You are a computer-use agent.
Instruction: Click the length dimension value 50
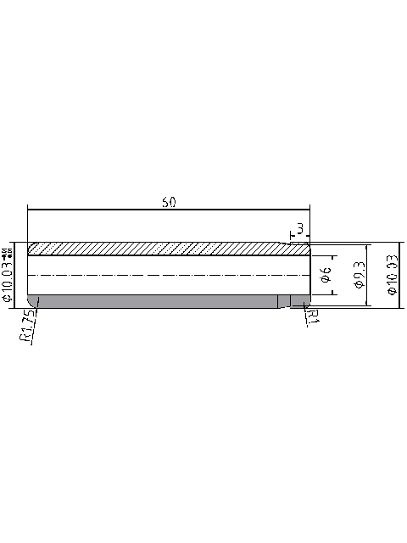tap(169, 202)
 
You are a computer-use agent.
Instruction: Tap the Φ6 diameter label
tap(324, 276)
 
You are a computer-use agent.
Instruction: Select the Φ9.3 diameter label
tap(359, 276)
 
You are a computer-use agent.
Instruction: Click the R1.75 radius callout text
tap(26, 326)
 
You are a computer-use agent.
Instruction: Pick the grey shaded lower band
tap(153, 301)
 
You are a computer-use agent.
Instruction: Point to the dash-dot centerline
tap(170, 276)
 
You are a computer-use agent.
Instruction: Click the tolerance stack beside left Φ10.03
tap(8, 253)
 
